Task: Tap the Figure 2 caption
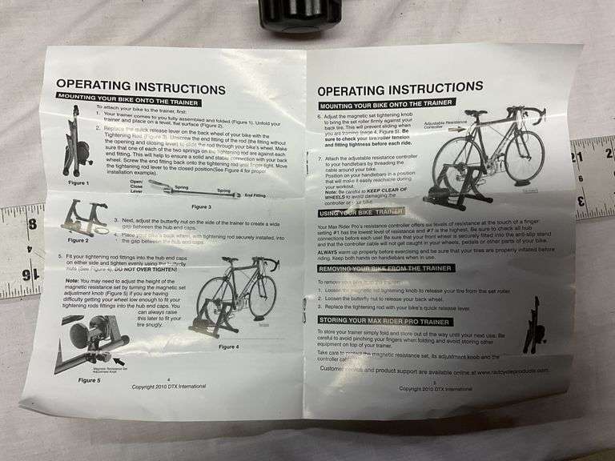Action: tap(78, 239)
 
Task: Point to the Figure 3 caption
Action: tap(200, 206)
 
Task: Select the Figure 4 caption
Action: tap(227, 346)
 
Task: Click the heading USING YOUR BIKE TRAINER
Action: tap(360, 211)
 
